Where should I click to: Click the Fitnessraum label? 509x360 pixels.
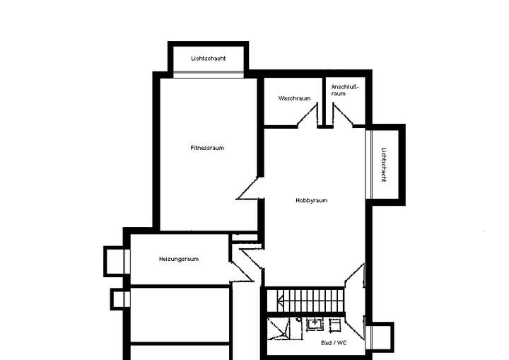click(x=207, y=148)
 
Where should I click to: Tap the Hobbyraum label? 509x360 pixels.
click(x=311, y=200)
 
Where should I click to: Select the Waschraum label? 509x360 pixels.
click(x=294, y=98)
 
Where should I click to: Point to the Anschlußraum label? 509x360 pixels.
click(x=345, y=90)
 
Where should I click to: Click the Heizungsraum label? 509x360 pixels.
click(x=179, y=259)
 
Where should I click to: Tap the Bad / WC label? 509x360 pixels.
click(x=334, y=342)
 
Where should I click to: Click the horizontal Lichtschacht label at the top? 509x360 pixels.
click(x=209, y=58)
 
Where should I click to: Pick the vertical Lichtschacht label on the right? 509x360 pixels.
click(x=383, y=165)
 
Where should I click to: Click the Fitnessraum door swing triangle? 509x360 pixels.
click(x=251, y=189)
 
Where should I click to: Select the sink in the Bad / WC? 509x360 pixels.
click(x=315, y=324)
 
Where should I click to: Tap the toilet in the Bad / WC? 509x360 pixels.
click(x=335, y=324)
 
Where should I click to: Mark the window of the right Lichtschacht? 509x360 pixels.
click(x=369, y=164)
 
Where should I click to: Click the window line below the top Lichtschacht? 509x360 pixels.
click(x=209, y=74)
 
